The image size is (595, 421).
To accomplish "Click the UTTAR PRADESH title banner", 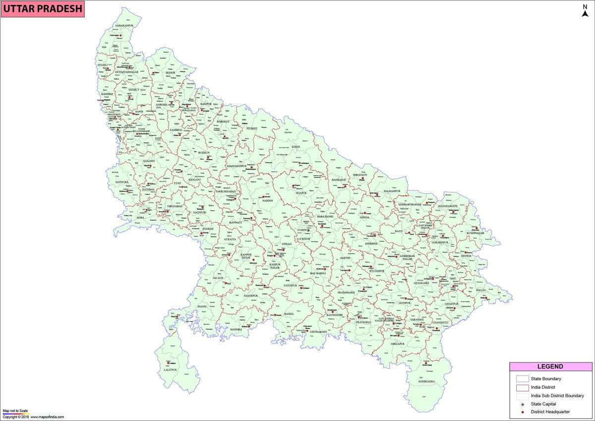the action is (x=42, y=9).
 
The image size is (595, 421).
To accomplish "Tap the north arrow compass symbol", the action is (x=585, y=11).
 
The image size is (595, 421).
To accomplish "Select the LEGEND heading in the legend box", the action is (x=550, y=367).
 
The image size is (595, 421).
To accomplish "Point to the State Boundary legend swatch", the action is (x=523, y=379).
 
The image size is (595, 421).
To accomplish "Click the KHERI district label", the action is (x=296, y=147).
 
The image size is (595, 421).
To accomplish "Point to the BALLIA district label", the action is (x=481, y=290).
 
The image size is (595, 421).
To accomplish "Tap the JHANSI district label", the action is (x=202, y=307).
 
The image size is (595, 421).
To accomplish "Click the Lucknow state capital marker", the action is (x=308, y=230).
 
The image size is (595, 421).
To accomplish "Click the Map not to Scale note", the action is (x=15, y=411).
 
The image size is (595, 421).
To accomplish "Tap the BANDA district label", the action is (x=289, y=314).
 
